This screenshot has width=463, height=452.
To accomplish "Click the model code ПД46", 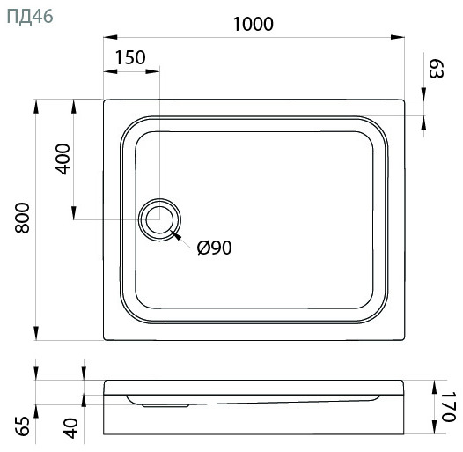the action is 30,16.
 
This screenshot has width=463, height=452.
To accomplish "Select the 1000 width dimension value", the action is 254,24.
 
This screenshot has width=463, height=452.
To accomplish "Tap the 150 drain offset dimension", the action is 130,57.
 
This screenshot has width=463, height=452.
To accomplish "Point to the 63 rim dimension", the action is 436,69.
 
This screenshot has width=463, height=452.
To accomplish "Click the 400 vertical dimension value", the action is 62,159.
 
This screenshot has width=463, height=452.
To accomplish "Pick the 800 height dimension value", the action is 23,218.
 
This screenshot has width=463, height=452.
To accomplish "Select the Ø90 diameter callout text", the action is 215,248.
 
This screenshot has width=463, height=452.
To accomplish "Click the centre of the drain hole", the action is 159,219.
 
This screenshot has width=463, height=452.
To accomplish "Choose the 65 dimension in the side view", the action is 23,426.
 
